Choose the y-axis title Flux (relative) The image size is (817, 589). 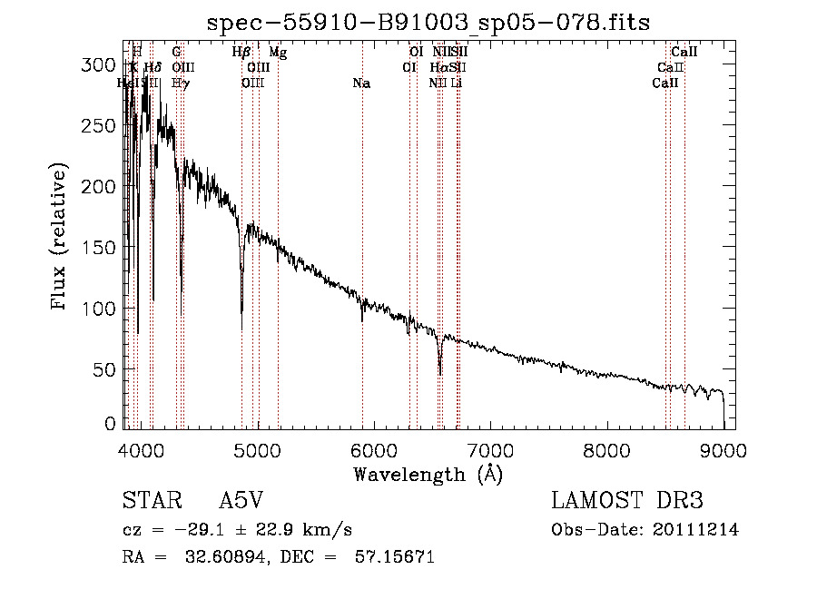[61, 238]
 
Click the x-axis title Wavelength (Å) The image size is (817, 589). [428, 474]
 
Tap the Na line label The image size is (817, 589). [361, 83]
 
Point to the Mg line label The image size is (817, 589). [278, 53]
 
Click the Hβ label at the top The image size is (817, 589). [241, 53]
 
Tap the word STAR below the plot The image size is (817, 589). [150, 502]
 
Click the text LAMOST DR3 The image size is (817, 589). [627, 502]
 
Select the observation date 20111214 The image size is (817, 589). [699, 530]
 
